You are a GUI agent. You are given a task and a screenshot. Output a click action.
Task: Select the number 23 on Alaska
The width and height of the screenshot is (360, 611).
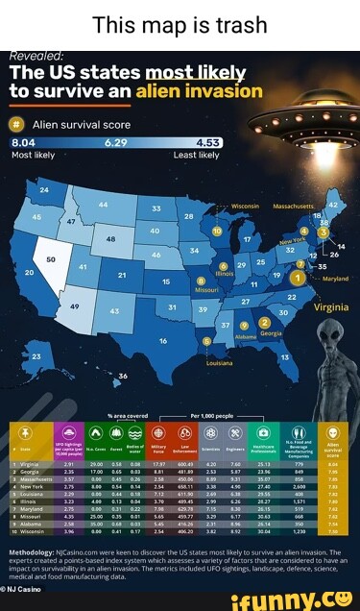tap(36, 356)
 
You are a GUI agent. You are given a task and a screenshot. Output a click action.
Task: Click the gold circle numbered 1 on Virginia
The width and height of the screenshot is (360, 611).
tap(299, 279)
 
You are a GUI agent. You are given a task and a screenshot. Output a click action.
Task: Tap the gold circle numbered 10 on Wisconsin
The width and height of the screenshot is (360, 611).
tap(217, 232)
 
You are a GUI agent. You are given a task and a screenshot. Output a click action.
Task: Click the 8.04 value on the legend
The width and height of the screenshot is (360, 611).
tap(23, 142)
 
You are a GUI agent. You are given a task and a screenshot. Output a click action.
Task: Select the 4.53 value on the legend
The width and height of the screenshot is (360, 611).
tap(207, 142)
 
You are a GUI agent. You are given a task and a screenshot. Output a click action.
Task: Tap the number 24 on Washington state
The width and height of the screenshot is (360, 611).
tap(43, 190)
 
